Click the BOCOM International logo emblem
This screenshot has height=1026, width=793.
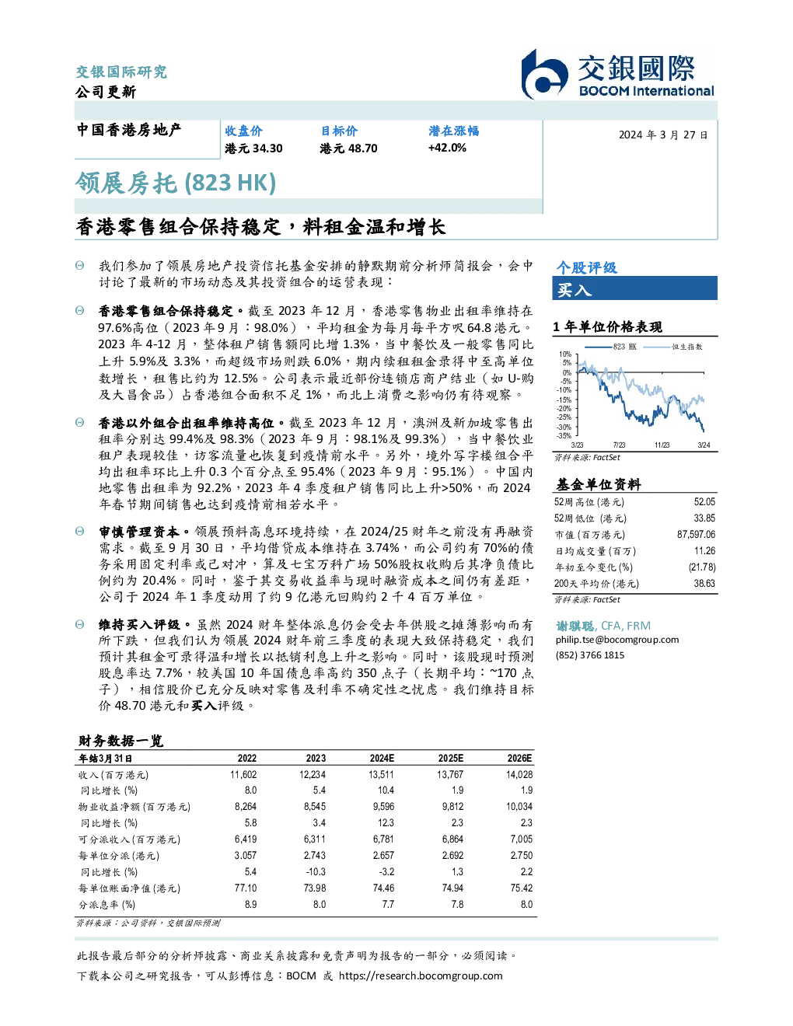tap(544, 74)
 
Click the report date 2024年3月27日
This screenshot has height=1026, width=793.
tap(663, 135)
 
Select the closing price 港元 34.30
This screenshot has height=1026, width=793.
tap(253, 148)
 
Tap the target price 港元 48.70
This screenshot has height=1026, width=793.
tap(348, 148)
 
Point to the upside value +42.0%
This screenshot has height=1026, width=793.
tap(447, 148)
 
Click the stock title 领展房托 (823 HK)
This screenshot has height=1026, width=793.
tap(175, 183)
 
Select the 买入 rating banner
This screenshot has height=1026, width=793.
tap(634, 288)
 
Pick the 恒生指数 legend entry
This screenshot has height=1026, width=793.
tap(673, 347)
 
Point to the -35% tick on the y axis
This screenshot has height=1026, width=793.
tap(564, 436)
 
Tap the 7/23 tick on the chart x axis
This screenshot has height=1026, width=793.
tap(619, 445)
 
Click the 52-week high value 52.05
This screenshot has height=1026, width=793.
tap(704, 502)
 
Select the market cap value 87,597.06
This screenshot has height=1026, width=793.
tap(696, 535)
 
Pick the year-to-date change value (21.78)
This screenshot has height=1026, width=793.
tap(702, 567)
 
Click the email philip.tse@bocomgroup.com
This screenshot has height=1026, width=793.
tap(617, 640)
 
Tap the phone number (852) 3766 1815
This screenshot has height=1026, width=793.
tap(590, 655)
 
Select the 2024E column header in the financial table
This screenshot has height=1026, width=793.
tap(382, 759)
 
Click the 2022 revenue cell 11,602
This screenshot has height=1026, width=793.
tap(243, 774)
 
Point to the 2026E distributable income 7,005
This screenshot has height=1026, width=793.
tap(522, 839)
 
